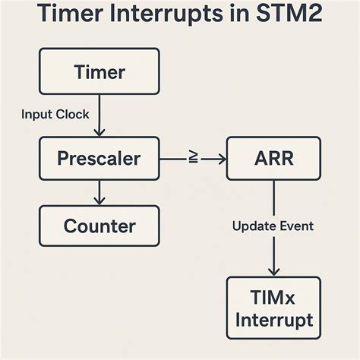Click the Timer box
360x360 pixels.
99,72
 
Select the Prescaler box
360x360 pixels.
99,159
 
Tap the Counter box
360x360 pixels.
99,226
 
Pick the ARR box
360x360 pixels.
274,159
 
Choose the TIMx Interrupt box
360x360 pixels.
273,308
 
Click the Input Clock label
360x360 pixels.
55,115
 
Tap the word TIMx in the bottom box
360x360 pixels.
274,297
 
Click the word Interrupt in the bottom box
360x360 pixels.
273,320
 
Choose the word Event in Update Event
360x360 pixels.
297,226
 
